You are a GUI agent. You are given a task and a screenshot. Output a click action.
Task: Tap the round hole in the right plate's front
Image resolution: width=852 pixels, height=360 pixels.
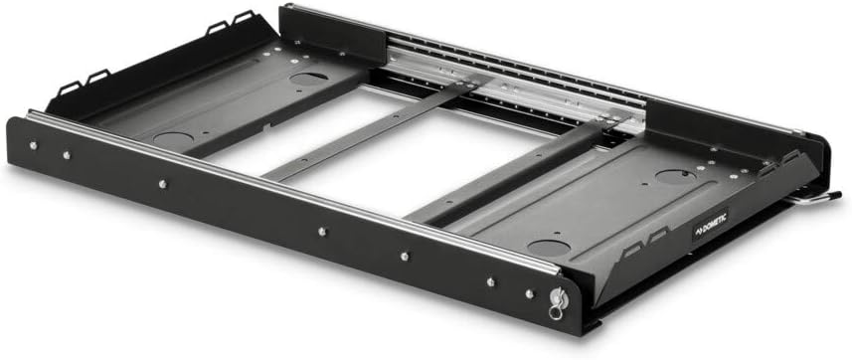point(546,246)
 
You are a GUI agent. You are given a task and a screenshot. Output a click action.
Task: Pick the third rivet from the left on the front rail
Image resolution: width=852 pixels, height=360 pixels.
point(161,184)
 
